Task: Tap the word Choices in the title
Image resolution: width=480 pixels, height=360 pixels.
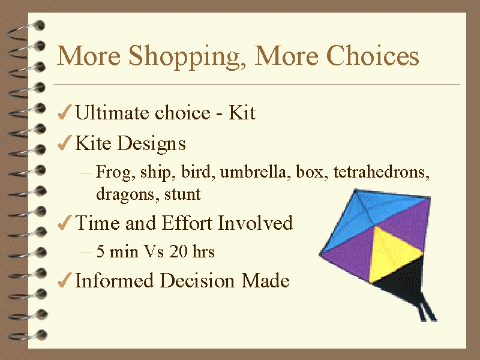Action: tap(373, 55)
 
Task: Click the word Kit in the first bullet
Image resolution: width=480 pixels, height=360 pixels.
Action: tap(242, 112)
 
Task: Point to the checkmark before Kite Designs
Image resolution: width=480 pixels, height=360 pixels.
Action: tap(65, 143)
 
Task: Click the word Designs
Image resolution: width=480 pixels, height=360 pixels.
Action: tap(151, 144)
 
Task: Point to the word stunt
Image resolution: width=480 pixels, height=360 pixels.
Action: tap(182, 194)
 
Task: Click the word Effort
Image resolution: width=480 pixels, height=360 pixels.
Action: tap(187, 223)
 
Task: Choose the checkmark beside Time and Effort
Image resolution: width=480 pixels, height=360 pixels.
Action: tap(65, 222)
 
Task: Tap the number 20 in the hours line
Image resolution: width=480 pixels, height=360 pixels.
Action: tap(178, 251)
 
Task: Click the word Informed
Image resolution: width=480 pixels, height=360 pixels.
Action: tap(114, 280)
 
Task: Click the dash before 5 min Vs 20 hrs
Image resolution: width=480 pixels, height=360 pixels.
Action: tap(86, 252)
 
